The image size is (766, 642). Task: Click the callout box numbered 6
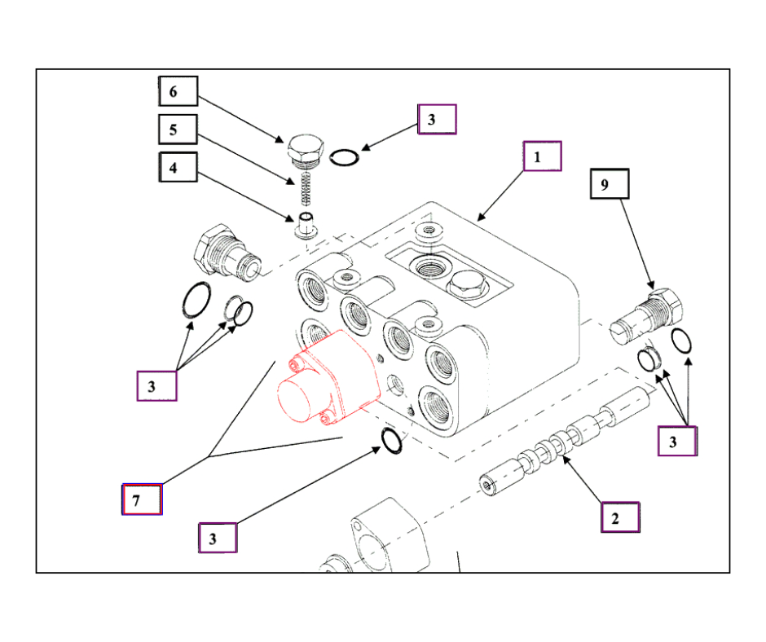(x=178, y=91)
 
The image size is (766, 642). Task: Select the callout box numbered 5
(x=178, y=130)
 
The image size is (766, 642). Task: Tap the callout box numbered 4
(x=178, y=168)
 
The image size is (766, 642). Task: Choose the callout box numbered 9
(x=610, y=185)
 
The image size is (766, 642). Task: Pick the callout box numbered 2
(x=620, y=517)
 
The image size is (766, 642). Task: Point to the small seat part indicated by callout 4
(x=306, y=222)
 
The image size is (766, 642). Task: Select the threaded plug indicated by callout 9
(x=649, y=314)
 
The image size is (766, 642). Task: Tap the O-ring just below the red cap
(x=392, y=441)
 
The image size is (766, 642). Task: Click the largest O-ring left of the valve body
(x=196, y=300)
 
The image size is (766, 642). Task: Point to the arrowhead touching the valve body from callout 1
(x=480, y=218)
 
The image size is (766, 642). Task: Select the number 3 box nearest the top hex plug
(x=437, y=119)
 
